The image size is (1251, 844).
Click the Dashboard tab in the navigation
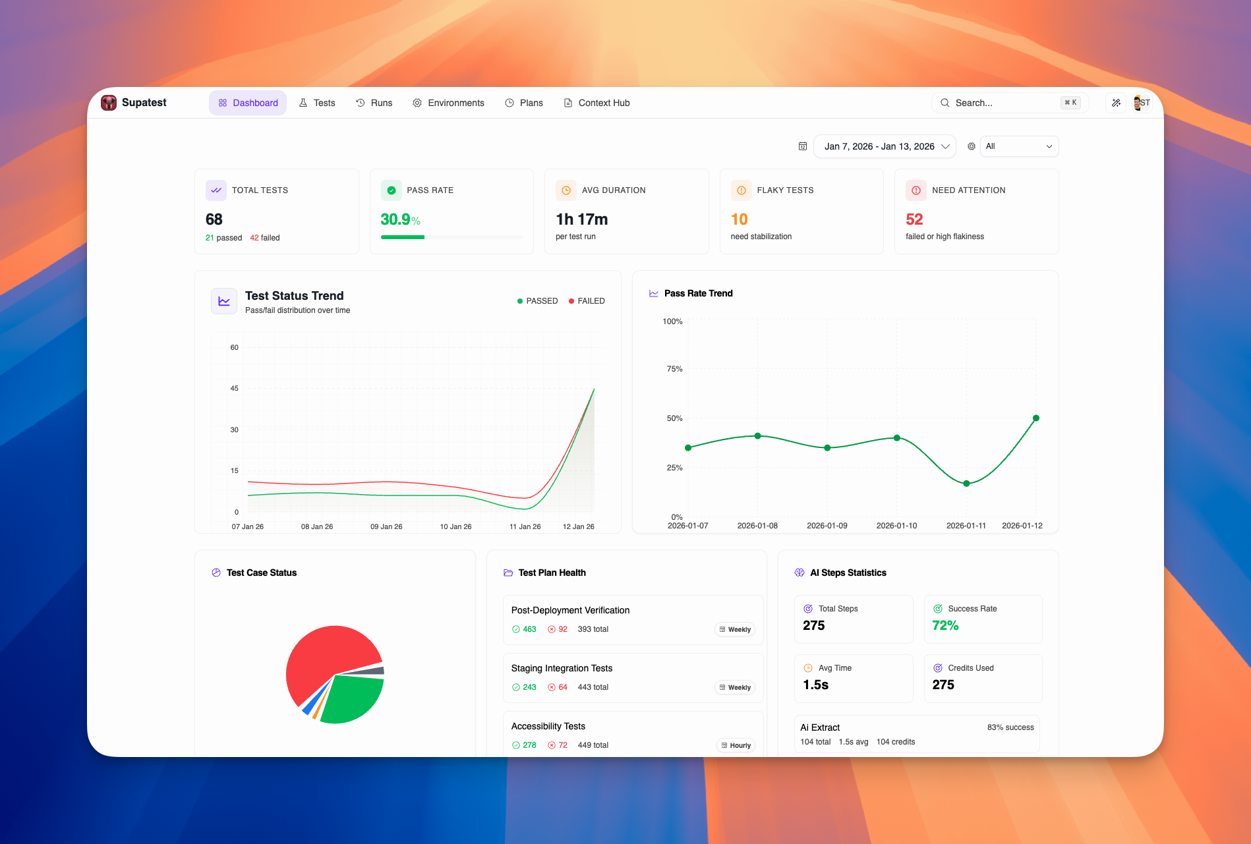248,103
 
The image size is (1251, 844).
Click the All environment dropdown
1018,146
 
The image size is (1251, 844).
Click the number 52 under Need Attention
914,219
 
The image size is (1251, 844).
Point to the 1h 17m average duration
581,219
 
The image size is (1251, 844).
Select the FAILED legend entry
587,301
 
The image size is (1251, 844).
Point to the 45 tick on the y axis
235,388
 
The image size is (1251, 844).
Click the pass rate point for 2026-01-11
966,484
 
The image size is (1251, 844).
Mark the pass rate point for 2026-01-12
1036,418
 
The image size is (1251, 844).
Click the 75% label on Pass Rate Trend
674,369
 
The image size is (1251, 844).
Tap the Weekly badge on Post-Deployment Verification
735,629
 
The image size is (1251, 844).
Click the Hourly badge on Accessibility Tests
736,745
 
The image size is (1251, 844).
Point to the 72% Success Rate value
945,625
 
